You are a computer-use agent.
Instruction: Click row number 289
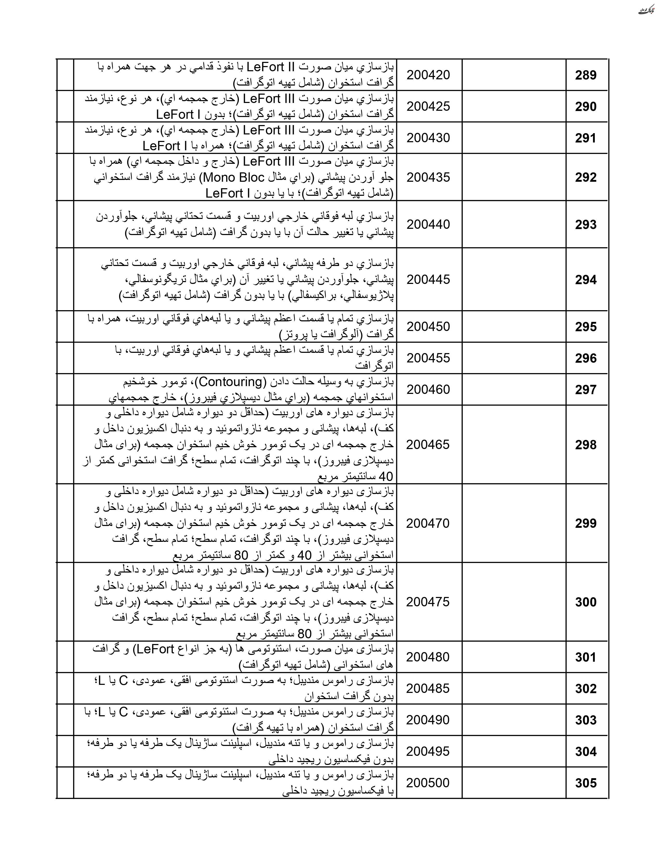[586, 75]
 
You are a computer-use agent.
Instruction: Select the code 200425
[428, 106]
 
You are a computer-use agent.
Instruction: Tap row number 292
[586, 177]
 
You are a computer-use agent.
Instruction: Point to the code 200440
[428, 224]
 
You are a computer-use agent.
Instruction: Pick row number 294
[586, 280]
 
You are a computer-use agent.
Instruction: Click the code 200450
[428, 327]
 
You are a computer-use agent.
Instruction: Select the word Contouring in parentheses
[231, 381]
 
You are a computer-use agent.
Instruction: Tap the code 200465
[428, 444]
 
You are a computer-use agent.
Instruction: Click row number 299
[586, 523]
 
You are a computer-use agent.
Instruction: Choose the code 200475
[428, 602]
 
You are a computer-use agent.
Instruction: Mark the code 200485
[428, 688]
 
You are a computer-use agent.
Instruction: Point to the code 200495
[428, 751]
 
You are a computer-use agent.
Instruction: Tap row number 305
[586, 783]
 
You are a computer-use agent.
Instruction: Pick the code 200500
[428, 783]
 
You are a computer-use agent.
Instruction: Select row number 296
[586, 358]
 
